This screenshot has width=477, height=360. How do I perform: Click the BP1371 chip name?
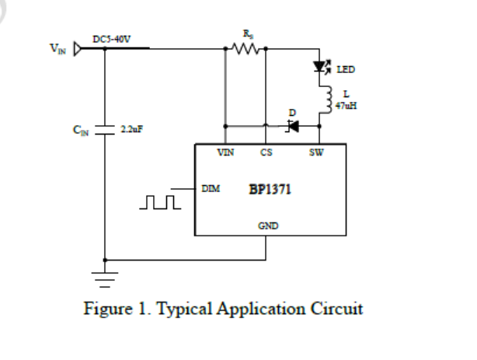(270, 190)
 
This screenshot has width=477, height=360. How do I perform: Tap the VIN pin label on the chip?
(226, 152)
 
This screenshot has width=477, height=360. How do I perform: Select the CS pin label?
(266, 152)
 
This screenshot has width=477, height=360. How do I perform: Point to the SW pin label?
(315, 152)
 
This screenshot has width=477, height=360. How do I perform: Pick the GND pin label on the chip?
(268, 226)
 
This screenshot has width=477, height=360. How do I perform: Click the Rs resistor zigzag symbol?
(245, 48)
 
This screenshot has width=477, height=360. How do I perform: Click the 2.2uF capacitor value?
(129, 129)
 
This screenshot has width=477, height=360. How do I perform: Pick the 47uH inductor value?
(346, 105)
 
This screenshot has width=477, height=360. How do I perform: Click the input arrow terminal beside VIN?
(78, 49)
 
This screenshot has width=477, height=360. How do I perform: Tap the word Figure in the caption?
(107, 309)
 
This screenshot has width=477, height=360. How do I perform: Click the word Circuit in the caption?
(337, 309)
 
